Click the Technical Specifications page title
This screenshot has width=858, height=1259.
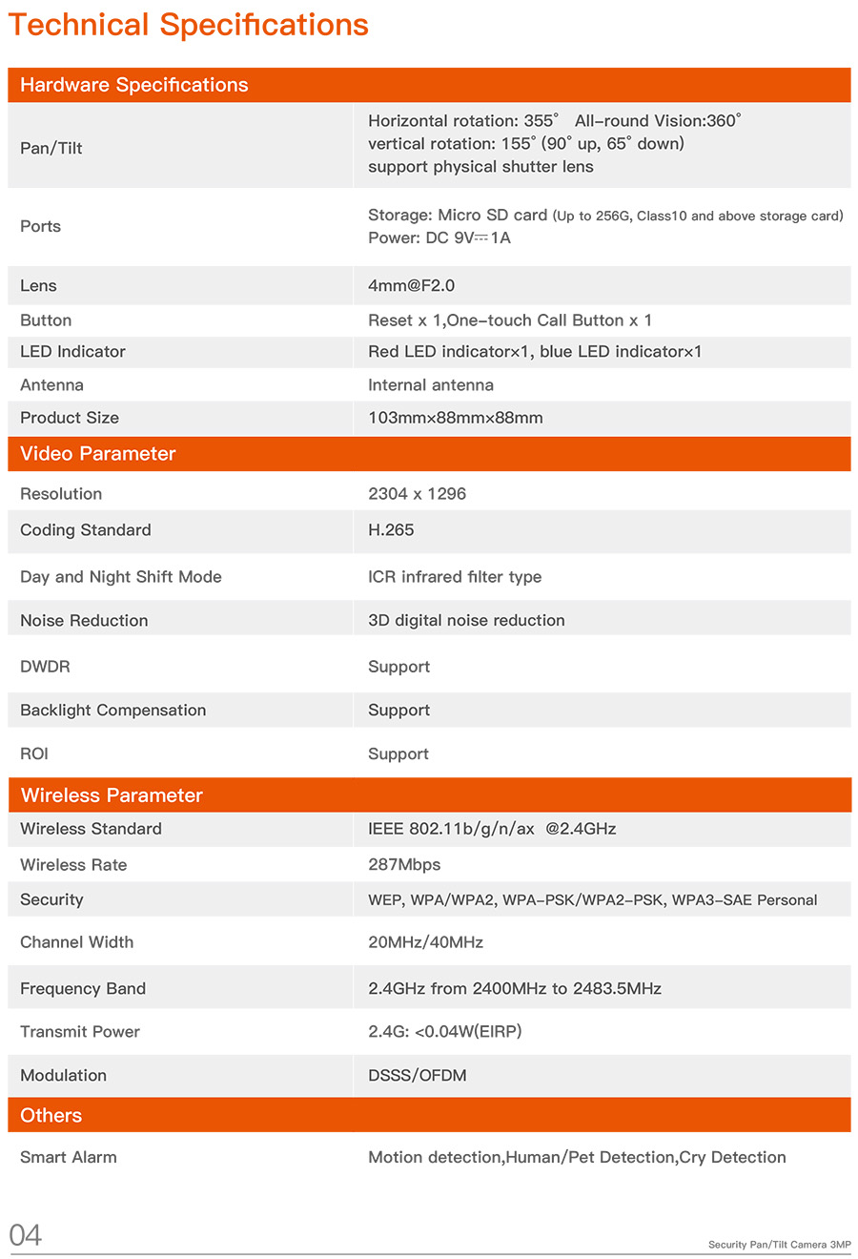tap(188, 25)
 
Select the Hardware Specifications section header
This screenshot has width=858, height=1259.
tap(133, 85)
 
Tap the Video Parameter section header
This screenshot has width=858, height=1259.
tap(98, 454)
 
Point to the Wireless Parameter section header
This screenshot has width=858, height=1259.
tap(112, 795)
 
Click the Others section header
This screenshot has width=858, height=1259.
tap(51, 1115)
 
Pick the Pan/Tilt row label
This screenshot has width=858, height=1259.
tap(51, 148)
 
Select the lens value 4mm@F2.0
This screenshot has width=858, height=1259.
tap(411, 285)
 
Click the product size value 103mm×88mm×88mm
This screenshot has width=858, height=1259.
tap(455, 418)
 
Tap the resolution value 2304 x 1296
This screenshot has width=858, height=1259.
tap(417, 494)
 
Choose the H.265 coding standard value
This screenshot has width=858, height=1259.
tap(391, 530)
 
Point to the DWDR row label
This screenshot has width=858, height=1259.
tap(45, 667)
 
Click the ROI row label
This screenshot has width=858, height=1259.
tap(34, 753)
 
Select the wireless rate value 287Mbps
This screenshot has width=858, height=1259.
tap(404, 865)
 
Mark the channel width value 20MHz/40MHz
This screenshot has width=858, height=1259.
tap(425, 942)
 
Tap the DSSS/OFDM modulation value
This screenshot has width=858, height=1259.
tap(418, 1075)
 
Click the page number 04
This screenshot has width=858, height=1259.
tap(26, 1235)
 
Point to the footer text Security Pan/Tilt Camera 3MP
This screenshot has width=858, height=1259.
tap(779, 1245)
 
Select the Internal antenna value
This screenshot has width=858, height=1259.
tap(431, 385)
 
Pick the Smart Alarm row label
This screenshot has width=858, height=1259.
tap(69, 1157)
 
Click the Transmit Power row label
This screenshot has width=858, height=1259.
tap(80, 1032)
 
